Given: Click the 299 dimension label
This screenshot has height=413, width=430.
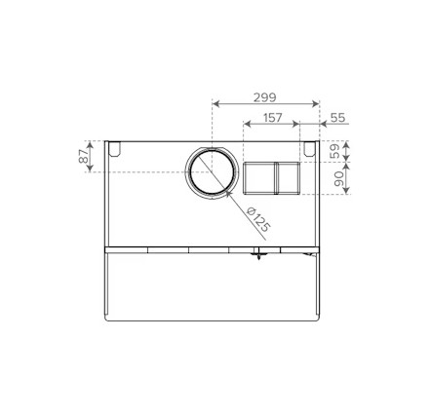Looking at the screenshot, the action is tap(265, 97).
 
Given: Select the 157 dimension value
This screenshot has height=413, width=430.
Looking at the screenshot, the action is tap(272, 118).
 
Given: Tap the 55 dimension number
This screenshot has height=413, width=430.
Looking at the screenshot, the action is tap(337, 118).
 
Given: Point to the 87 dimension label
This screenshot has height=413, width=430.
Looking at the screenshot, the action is tap(83, 156).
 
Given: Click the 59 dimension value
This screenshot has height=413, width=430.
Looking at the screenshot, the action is tap(334, 151).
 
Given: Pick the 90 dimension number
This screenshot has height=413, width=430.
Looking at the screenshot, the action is tap(338, 179).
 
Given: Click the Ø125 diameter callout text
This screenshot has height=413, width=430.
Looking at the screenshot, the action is tap(258, 219).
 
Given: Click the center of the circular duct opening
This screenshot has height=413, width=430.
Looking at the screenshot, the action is tap(212, 171).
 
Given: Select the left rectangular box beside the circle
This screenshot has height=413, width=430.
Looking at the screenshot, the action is tap(259, 178).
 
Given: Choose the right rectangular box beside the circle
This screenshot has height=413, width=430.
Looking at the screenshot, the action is tap(289, 178).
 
